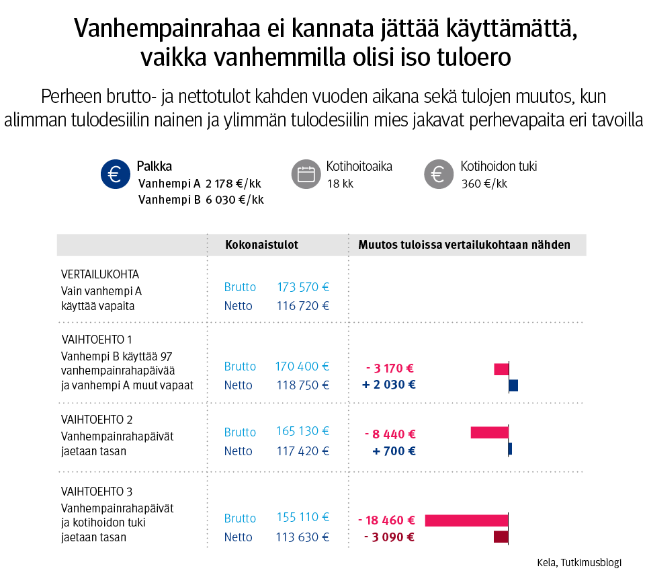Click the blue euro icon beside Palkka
(114, 175)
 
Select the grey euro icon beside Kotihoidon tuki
(437, 175)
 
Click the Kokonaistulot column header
(261, 245)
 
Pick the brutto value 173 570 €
(302, 287)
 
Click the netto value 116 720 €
(302, 306)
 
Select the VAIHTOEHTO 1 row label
(97, 339)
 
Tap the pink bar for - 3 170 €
(501, 369)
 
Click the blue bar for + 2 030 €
(513, 385)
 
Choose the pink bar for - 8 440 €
(489, 432)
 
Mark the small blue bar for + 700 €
(510, 449)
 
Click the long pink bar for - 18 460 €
(466, 520)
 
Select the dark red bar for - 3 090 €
(501, 537)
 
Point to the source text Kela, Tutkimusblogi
(579, 563)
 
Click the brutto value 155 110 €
(302, 518)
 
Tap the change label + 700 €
(394, 451)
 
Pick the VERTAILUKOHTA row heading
(100, 274)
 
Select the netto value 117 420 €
(302, 451)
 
